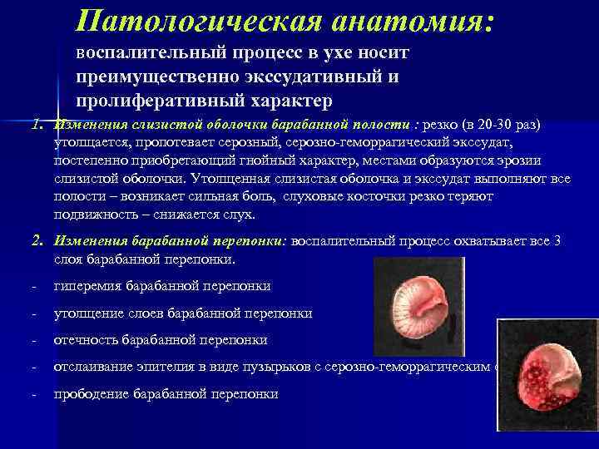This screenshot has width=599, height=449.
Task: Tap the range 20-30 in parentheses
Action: [x=491, y=125]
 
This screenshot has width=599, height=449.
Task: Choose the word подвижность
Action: [x=91, y=215]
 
